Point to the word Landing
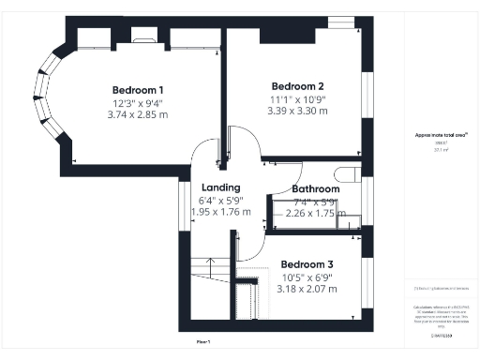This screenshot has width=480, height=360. click(221, 187)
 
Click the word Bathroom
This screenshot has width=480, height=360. click(315, 188)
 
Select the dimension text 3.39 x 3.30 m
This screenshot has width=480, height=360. click(297, 110)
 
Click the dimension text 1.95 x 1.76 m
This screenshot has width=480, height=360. click(221, 212)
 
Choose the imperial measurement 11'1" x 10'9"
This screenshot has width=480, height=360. click(297, 97)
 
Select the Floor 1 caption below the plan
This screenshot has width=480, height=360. click(203, 341)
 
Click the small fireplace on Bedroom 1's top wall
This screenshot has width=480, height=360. click(143, 38)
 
